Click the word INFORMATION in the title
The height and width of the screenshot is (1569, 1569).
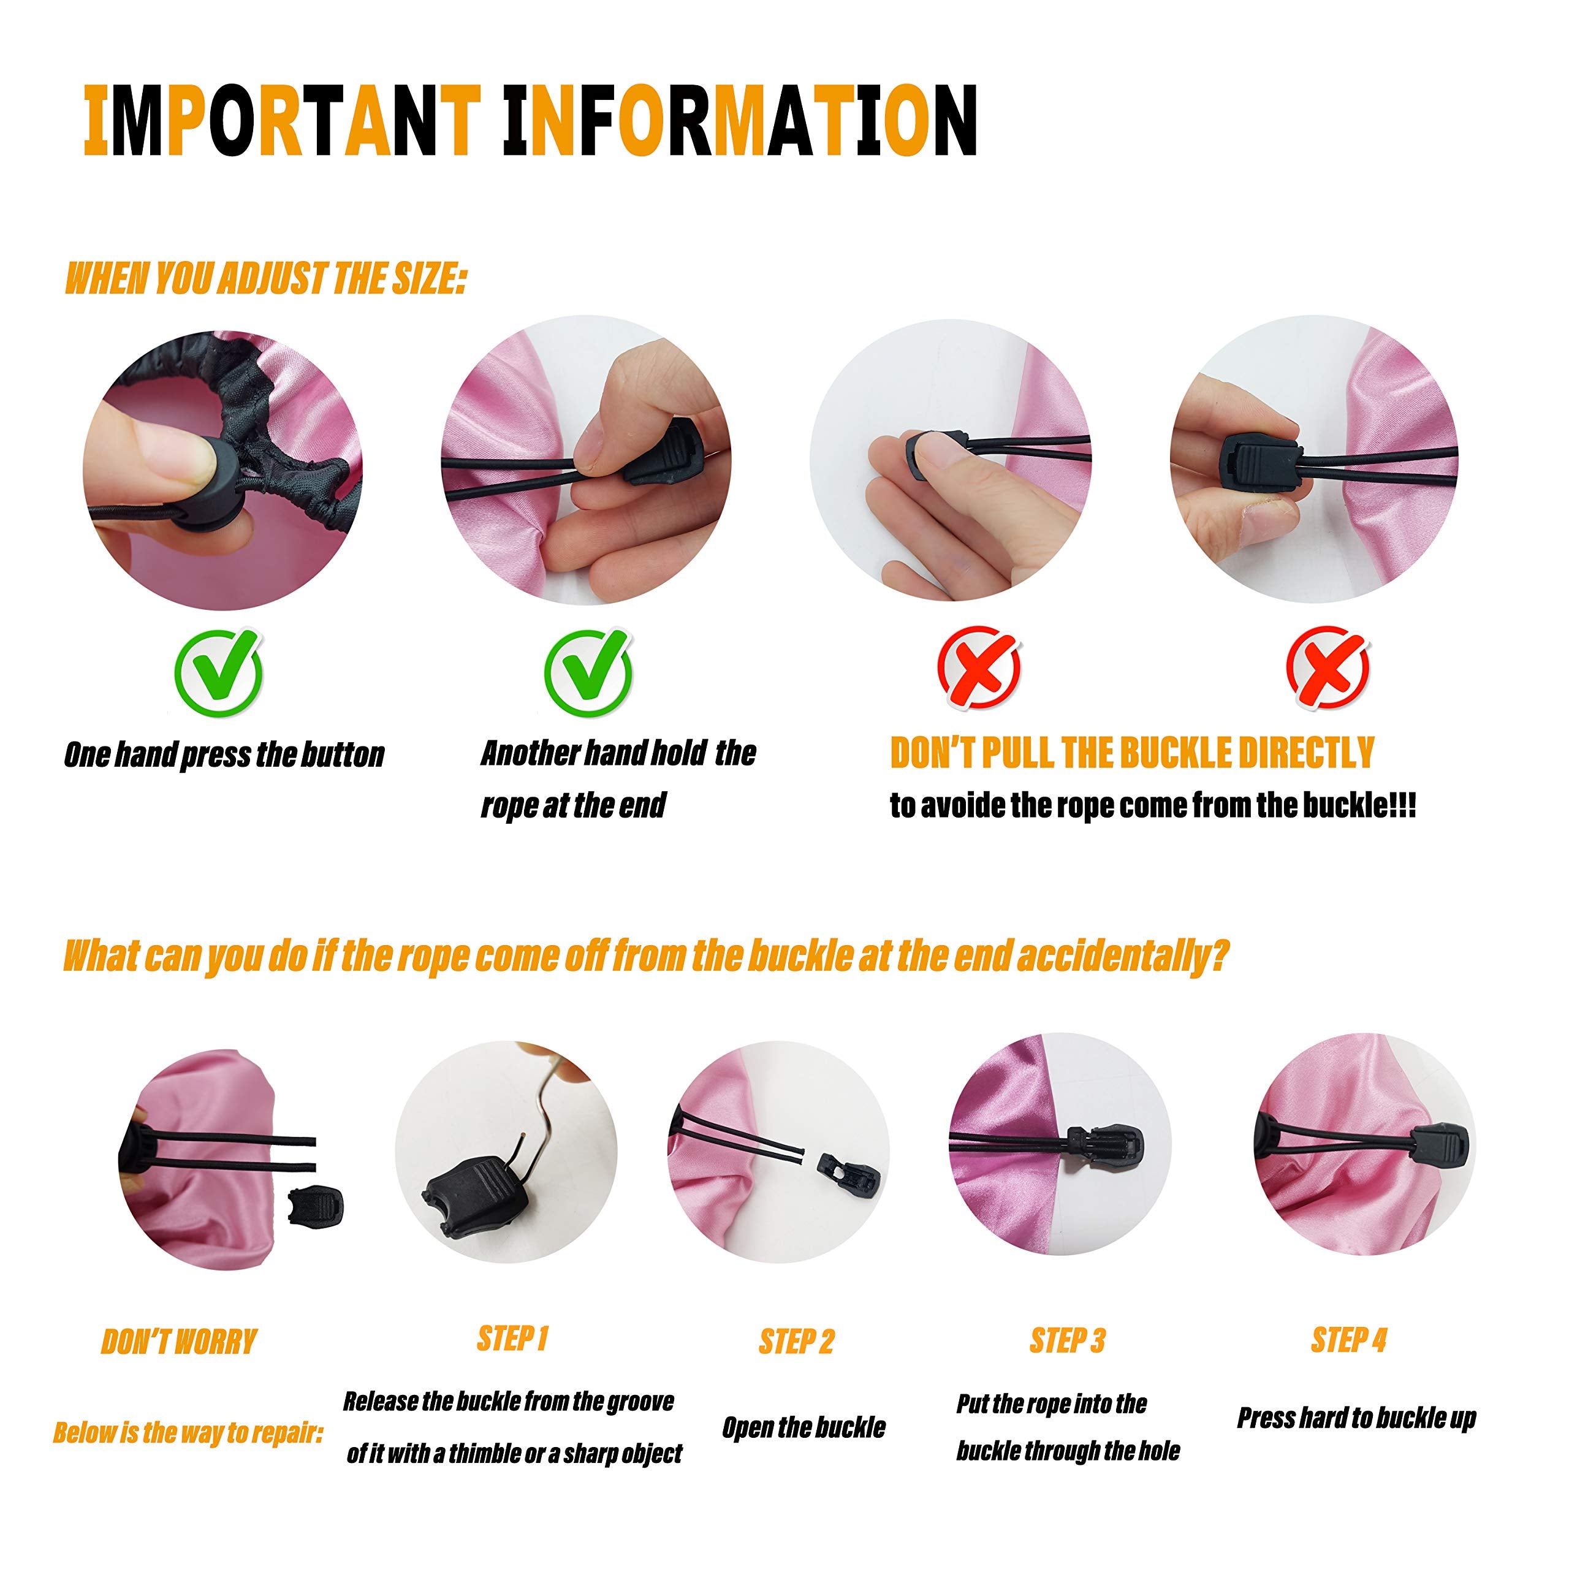[740, 120]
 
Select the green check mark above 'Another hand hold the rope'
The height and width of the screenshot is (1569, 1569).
[588, 672]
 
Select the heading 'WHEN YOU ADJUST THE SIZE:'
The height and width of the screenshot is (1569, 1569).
[265, 278]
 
